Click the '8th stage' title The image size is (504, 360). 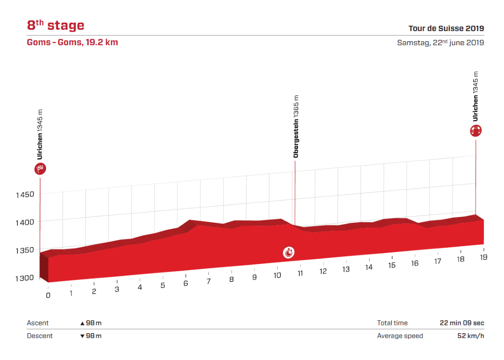click(x=55, y=25)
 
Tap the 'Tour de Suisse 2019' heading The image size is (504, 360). click(x=446, y=28)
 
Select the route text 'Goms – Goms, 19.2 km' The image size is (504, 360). click(x=72, y=42)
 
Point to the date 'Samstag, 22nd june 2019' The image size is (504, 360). click(x=440, y=42)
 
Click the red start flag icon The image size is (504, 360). click(x=40, y=168)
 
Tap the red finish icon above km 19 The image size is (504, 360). click(x=476, y=130)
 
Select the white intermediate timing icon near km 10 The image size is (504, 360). click(x=288, y=252)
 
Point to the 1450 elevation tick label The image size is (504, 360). click(x=24, y=194)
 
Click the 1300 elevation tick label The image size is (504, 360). click(x=24, y=277)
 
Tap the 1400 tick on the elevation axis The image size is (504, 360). click(x=24, y=222)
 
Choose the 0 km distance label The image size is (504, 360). click(x=48, y=295)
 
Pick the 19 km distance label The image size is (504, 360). click(x=483, y=257)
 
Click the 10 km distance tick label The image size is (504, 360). click(x=277, y=275)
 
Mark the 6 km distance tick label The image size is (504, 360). click(x=185, y=283)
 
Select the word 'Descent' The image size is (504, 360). click(x=39, y=336)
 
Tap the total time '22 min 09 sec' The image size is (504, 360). click(x=462, y=323)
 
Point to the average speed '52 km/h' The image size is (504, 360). click(x=470, y=336)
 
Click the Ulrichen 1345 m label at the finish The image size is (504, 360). click(x=476, y=96)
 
